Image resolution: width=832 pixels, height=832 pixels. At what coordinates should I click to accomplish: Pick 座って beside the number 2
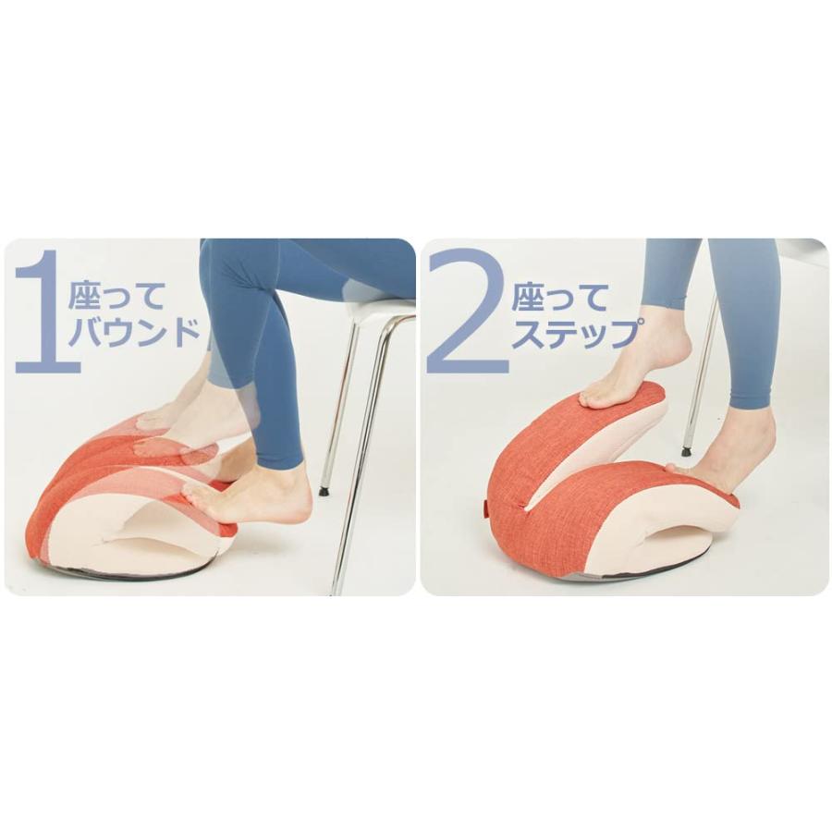pos(560,297)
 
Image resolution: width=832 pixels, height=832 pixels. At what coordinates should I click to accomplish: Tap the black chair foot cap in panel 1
pos(324,491)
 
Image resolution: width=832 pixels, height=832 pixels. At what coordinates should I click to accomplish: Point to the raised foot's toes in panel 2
pos(592,398)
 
